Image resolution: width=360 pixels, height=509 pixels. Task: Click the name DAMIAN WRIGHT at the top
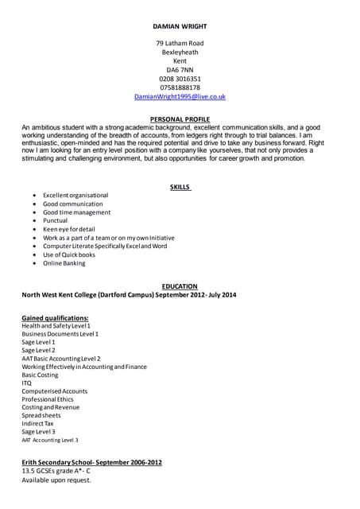tap(180, 26)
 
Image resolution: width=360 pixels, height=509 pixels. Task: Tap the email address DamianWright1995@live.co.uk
tap(180, 96)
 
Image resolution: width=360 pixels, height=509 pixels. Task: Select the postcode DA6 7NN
tap(180, 70)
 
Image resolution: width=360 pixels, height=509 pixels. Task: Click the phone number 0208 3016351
tap(180, 79)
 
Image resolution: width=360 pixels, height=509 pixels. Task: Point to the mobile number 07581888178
tap(180, 87)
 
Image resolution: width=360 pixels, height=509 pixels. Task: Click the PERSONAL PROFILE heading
tap(180, 119)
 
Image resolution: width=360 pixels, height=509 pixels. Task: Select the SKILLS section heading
tap(180, 187)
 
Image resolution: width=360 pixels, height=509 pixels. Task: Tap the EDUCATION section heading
tap(180, 286)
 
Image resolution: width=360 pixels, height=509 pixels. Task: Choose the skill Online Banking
tap(64, 262)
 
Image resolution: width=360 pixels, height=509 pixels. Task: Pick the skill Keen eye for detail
tap(69, 229)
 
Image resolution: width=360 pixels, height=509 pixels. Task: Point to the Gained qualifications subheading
tap(55, 318)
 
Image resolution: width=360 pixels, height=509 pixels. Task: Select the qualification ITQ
tap(27, 383)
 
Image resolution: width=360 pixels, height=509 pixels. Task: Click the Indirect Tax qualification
tap(40, 423)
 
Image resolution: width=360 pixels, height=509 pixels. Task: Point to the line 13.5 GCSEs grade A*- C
tap(56, 472)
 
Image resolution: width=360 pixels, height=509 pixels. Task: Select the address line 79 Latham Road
tap(180, 43)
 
